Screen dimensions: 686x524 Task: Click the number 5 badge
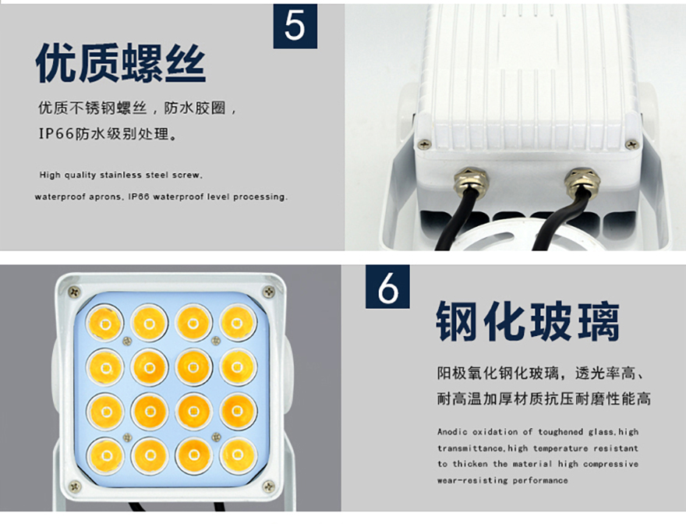[x=295, y=27]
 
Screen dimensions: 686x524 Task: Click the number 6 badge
[x=387, y=287]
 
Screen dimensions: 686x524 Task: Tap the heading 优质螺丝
[x=121, y=63]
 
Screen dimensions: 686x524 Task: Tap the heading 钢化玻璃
[x=528, y=321]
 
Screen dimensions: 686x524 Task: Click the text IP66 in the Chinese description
[x=56, y=133]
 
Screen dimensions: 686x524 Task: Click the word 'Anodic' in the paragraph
[x=452, y=432]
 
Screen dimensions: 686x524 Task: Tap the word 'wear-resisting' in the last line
[x=472, y=480]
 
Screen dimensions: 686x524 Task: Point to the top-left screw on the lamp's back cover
[x=423, y=143]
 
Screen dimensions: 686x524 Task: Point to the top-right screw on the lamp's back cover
[x=631, y=143]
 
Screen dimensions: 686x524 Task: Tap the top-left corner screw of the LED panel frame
[x=74, y=291]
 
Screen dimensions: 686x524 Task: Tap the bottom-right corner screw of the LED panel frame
[x=268, y=486]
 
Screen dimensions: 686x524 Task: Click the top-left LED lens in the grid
[x=105, y=324]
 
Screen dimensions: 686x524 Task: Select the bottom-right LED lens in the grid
[x=238, y=455]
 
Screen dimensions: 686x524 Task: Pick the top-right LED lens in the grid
[x=237, y=324]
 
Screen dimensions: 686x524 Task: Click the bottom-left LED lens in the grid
[x=106, y=455]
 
